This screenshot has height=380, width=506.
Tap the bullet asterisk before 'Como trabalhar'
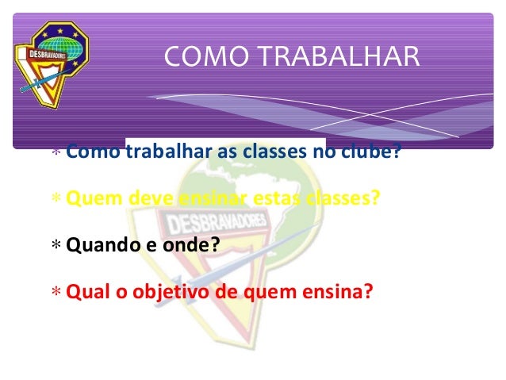click(x=55, y=152)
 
